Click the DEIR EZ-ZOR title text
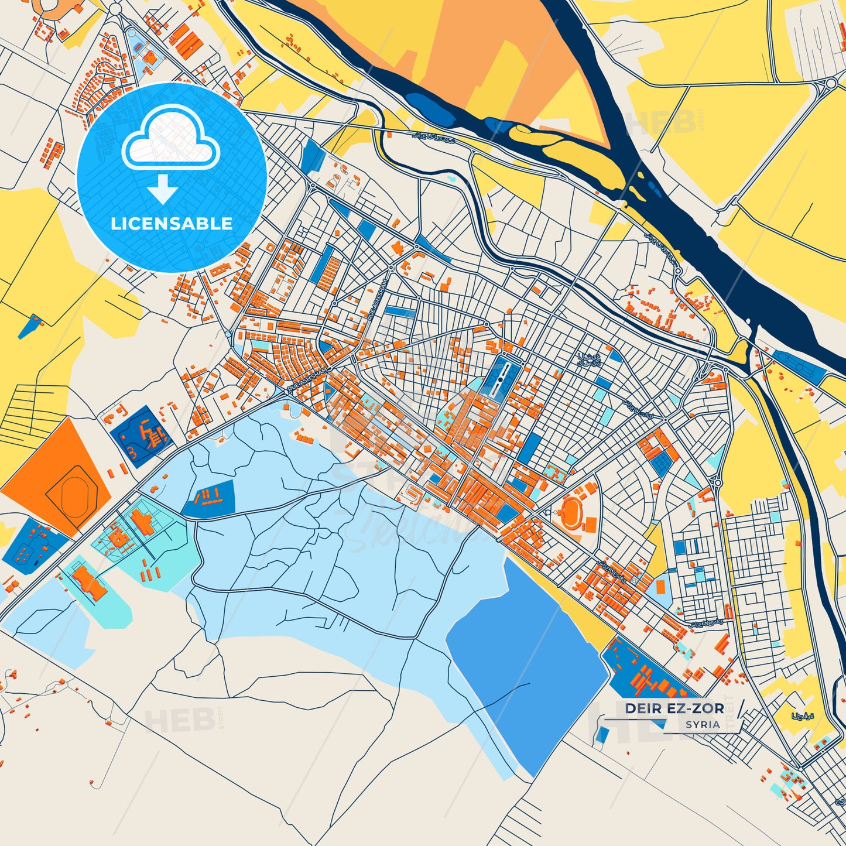[674, 708]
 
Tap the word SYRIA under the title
[703, 724]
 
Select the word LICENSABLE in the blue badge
[172, 224]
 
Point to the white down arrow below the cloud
[163, 190]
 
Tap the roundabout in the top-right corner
[830, 84]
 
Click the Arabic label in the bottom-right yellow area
[802, 716]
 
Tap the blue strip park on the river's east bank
[799, 364]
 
